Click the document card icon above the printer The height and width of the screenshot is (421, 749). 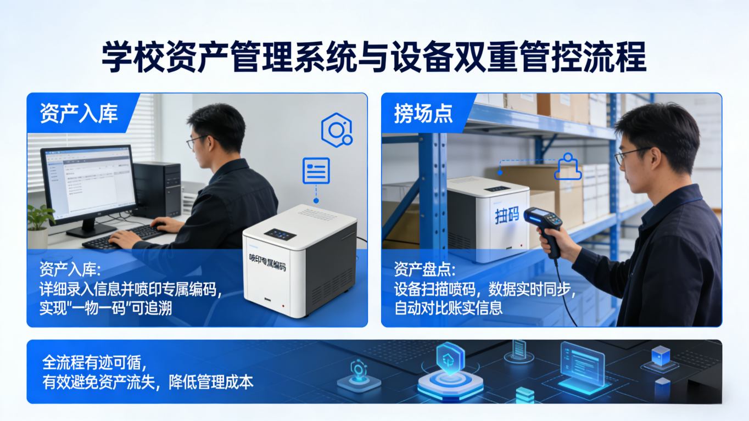tap(316, 171)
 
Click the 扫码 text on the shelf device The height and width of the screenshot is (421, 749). tap(506, 215)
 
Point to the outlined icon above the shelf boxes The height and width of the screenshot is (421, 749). tap(567, 167)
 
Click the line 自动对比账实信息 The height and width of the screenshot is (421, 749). tap(448, 308)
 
